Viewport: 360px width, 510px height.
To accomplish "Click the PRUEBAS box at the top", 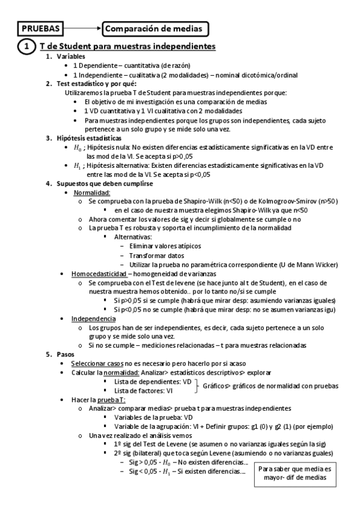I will (x=41, y=28).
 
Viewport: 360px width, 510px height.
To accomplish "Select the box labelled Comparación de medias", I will (x=156, y=28).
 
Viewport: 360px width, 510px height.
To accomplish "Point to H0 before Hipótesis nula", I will (x=77, y=147).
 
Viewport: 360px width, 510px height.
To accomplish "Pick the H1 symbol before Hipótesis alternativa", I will (x=77, y=165).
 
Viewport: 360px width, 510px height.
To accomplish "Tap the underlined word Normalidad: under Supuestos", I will (x=91, y=192).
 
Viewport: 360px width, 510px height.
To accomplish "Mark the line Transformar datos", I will (x=156, y=256).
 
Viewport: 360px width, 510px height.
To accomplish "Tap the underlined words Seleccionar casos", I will (x=97, y=364).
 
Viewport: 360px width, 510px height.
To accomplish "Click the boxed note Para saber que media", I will (x=294, y=472).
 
